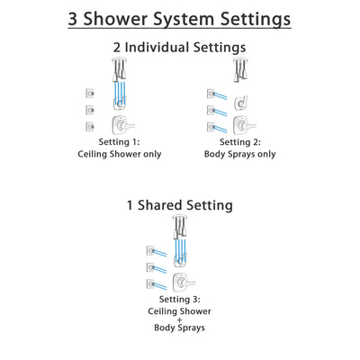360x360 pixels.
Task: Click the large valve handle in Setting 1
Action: click(x=116, y=124)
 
